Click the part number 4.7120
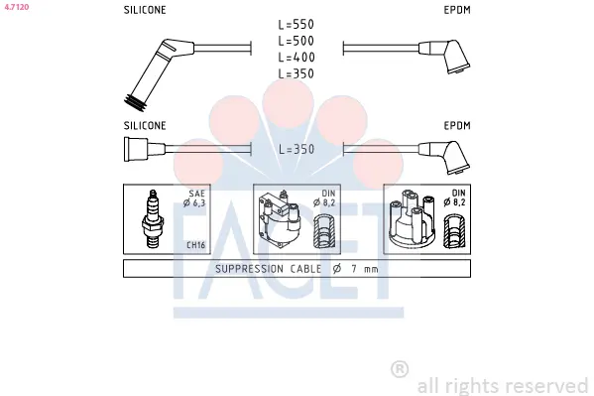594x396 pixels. tap(17, 7)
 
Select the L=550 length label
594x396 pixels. tap(297, 25)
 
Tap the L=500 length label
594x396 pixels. tap(297, 41)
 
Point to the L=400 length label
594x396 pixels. tap(297, 58)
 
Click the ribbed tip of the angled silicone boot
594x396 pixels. tap(135, 102)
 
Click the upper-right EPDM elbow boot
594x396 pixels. tap(444, 56)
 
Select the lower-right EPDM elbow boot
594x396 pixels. tap(444, 157)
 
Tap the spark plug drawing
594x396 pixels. tap(153, 218)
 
